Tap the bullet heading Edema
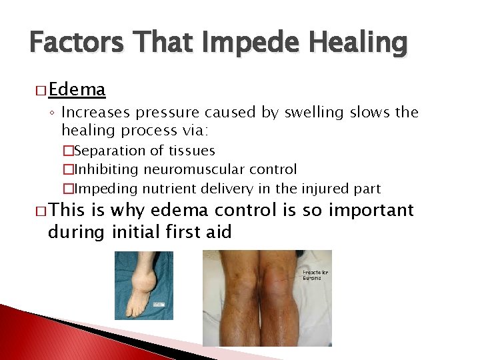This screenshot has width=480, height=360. click(x=77, y=89)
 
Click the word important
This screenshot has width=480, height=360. click(x=370, y=211)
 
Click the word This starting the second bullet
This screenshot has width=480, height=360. click(x=68, y=211)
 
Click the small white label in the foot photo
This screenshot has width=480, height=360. click(x=160, y=304)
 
